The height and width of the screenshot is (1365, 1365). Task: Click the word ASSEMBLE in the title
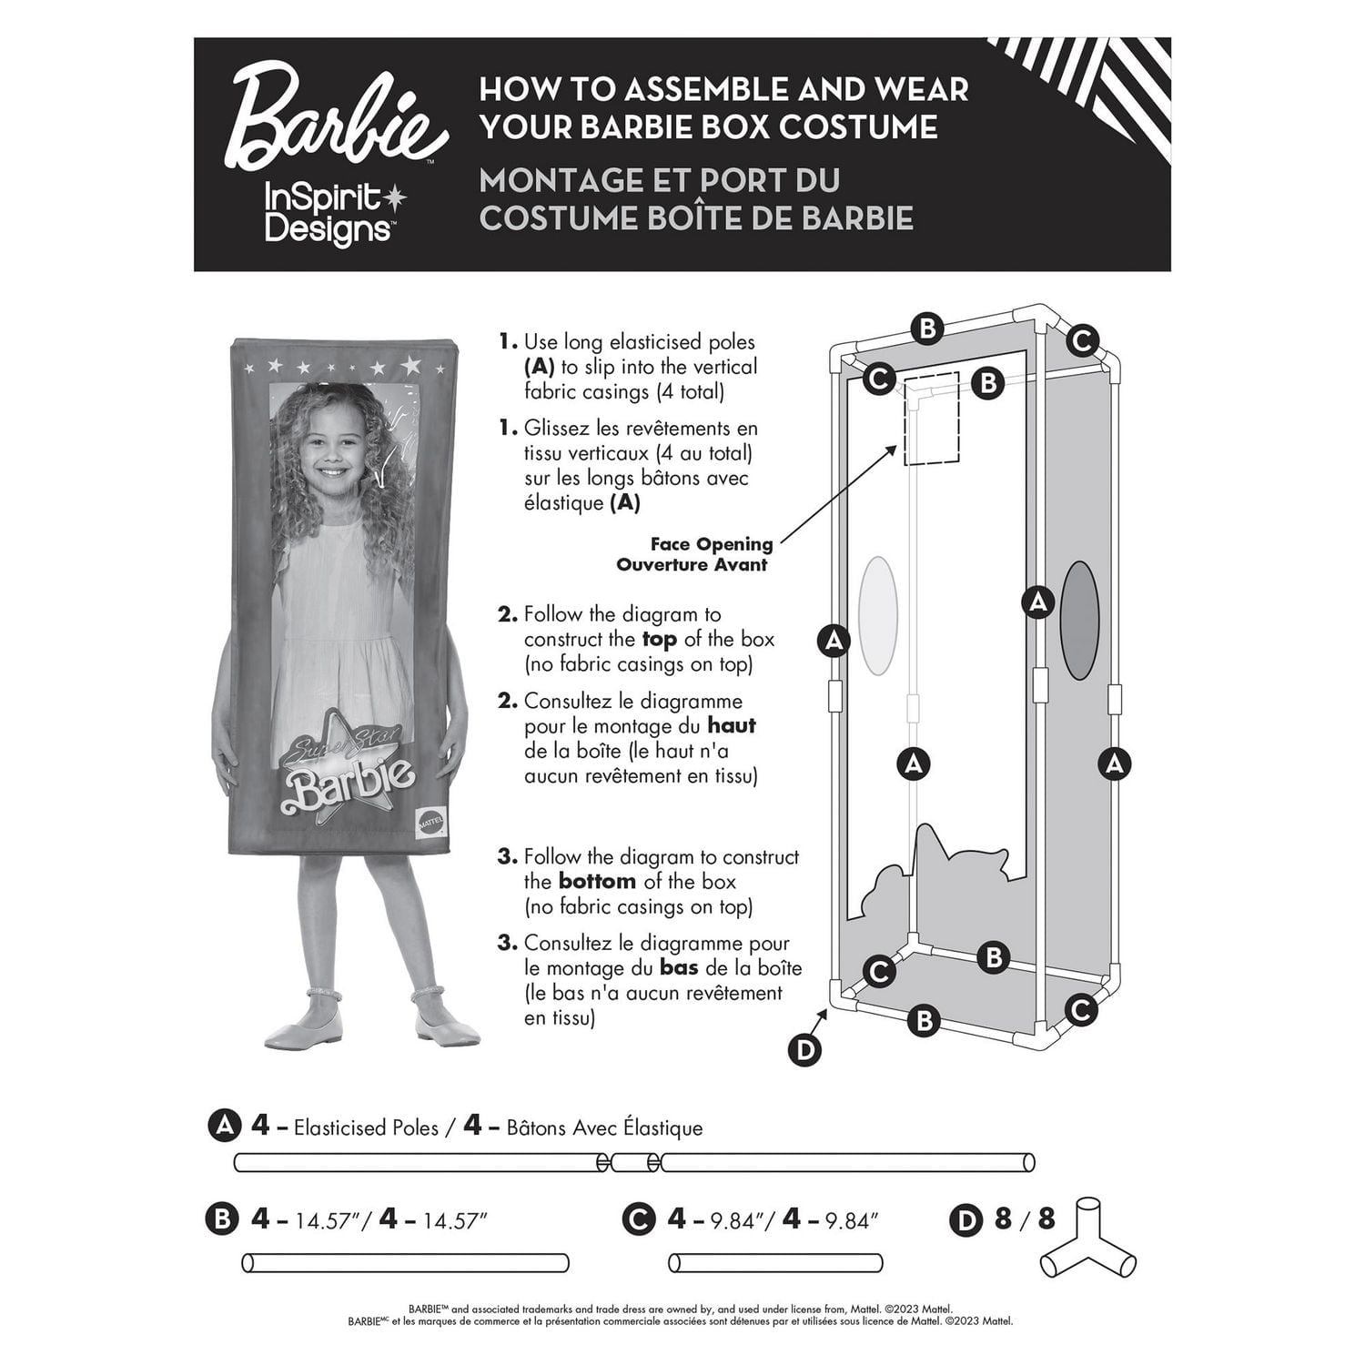pyautogui.click(x=652, y=89)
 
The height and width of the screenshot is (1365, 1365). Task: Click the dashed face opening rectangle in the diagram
pyautogui.click(x=931, y=419)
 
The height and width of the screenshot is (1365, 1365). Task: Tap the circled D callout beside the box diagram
pyautogui.click(x=804, y=1050)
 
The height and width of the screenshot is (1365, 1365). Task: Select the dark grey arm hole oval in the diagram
pyautogui.click(x=1079, y=620)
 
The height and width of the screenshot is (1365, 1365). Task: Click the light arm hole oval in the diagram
pyautogui.click(x=878, y=616)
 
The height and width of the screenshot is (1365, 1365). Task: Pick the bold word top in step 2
pyautogui.click(x=659, y=640)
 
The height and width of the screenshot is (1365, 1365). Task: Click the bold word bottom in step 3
pyautogui.click(x=597, y=882)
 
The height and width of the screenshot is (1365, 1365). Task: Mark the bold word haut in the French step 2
pyautogui.click(x=732, y=726)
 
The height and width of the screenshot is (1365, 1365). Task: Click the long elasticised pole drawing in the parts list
pyautogui.click(x=634, y=1162)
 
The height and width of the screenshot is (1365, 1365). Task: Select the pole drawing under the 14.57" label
pyautogui.click(x=405, y=1263)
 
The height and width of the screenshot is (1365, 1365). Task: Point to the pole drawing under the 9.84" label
pyautogui.click(x=775, y=1263)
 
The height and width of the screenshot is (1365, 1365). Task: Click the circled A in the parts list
pyautogui.click(x=223, y=1127)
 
